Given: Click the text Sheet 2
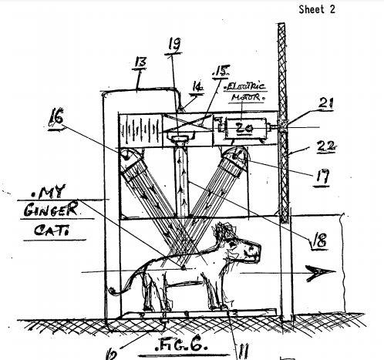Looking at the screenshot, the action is tap(317, 9).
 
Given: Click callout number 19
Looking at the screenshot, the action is tap(175, 44).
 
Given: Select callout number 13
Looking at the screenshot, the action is tap(140, 62).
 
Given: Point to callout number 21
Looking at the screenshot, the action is tap(326, 103).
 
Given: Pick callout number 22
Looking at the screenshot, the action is tap(326, 146).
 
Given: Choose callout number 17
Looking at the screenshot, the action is tap(322, 176).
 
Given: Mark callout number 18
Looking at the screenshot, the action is tap(319, 241).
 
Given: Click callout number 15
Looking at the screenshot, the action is tap(221, 72).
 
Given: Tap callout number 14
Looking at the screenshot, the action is tap(197, 87).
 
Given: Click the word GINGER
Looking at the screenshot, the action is tap(51, 209).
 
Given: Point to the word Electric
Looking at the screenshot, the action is tap(245, 86).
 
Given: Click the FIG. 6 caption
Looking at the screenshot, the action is tap(181, 346).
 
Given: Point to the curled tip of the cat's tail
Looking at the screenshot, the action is tap(112, 291).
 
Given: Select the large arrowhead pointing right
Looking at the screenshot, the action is tap(321, 273).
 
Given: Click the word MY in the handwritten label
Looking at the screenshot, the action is tap(49, 192).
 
